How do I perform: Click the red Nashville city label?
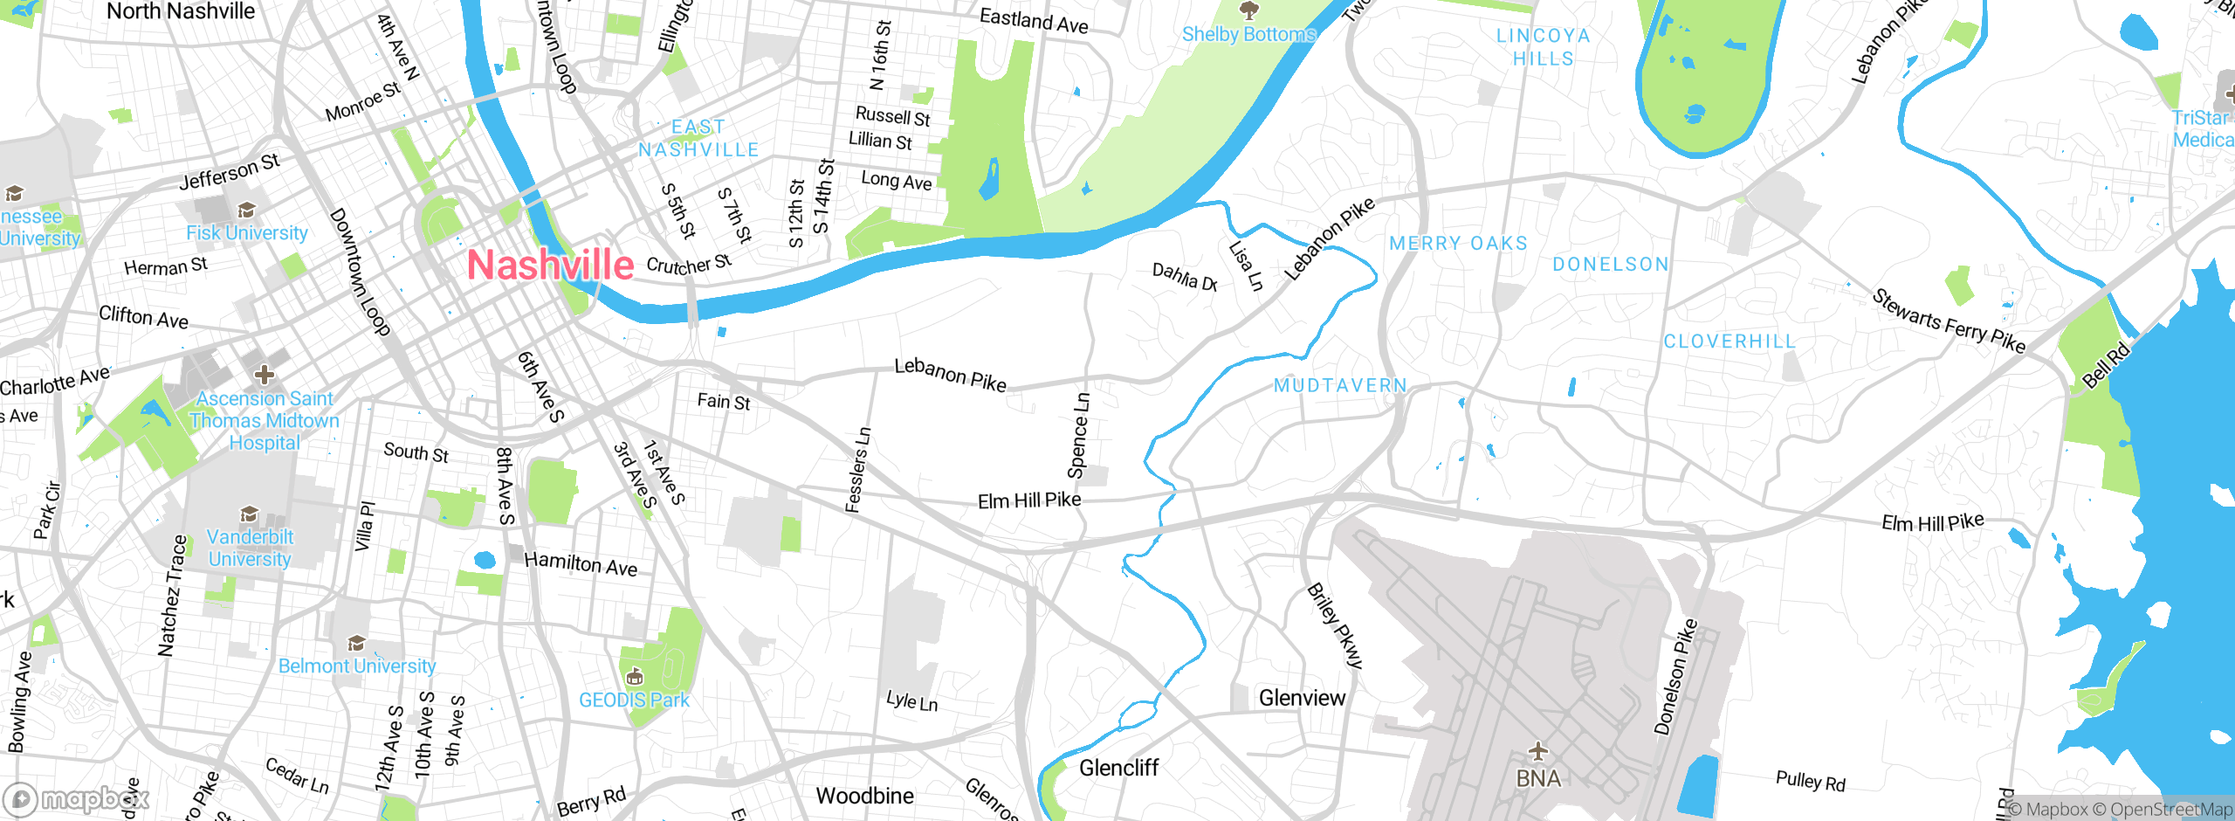tap(550, 265)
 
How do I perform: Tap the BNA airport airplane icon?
tap(1537, 750)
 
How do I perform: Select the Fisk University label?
tap(246, 233)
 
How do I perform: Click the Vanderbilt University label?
tap(250, 548)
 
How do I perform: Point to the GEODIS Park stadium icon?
tap(635, 676)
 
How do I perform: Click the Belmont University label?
tap(356, 666)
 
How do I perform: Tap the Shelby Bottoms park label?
tap(1248, 35)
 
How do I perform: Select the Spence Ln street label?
tap(1079, 436)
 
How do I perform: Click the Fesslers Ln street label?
tap(857, 469)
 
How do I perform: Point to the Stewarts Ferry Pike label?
tap(1948, 321)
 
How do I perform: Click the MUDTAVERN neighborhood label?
tap(1340, 385)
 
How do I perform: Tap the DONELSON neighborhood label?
tap(1610, 264)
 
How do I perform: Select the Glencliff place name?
tap(1118, 768)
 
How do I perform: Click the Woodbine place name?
tap(864, 796)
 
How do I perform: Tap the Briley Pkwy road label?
tap(1334, 626)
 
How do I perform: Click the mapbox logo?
tap(77, 798)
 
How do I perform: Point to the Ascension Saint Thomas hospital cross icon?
tap(264, 375)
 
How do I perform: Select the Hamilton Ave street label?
tap(581, 564)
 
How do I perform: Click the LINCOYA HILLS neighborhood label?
tap(1543, 47)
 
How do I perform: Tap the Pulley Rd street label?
tap(1810, 781)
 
